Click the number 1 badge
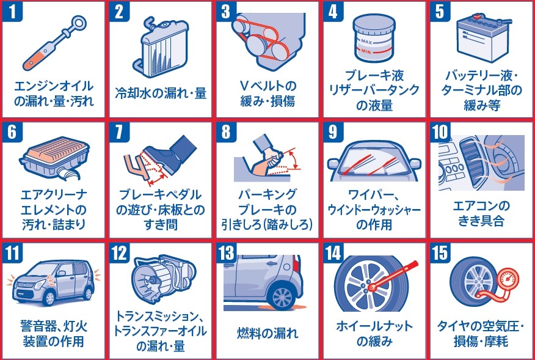(12, 11)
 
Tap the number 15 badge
(440, 253)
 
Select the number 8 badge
(226, 132)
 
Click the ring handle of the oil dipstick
(79, 24)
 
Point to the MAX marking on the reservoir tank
(367, 42)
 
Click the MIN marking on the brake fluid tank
(366, 52)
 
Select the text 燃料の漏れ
(267, 332)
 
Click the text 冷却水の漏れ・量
(161, 93)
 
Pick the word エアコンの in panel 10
(481, 206)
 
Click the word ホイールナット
(374, 326)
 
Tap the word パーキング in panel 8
(267, 194)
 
